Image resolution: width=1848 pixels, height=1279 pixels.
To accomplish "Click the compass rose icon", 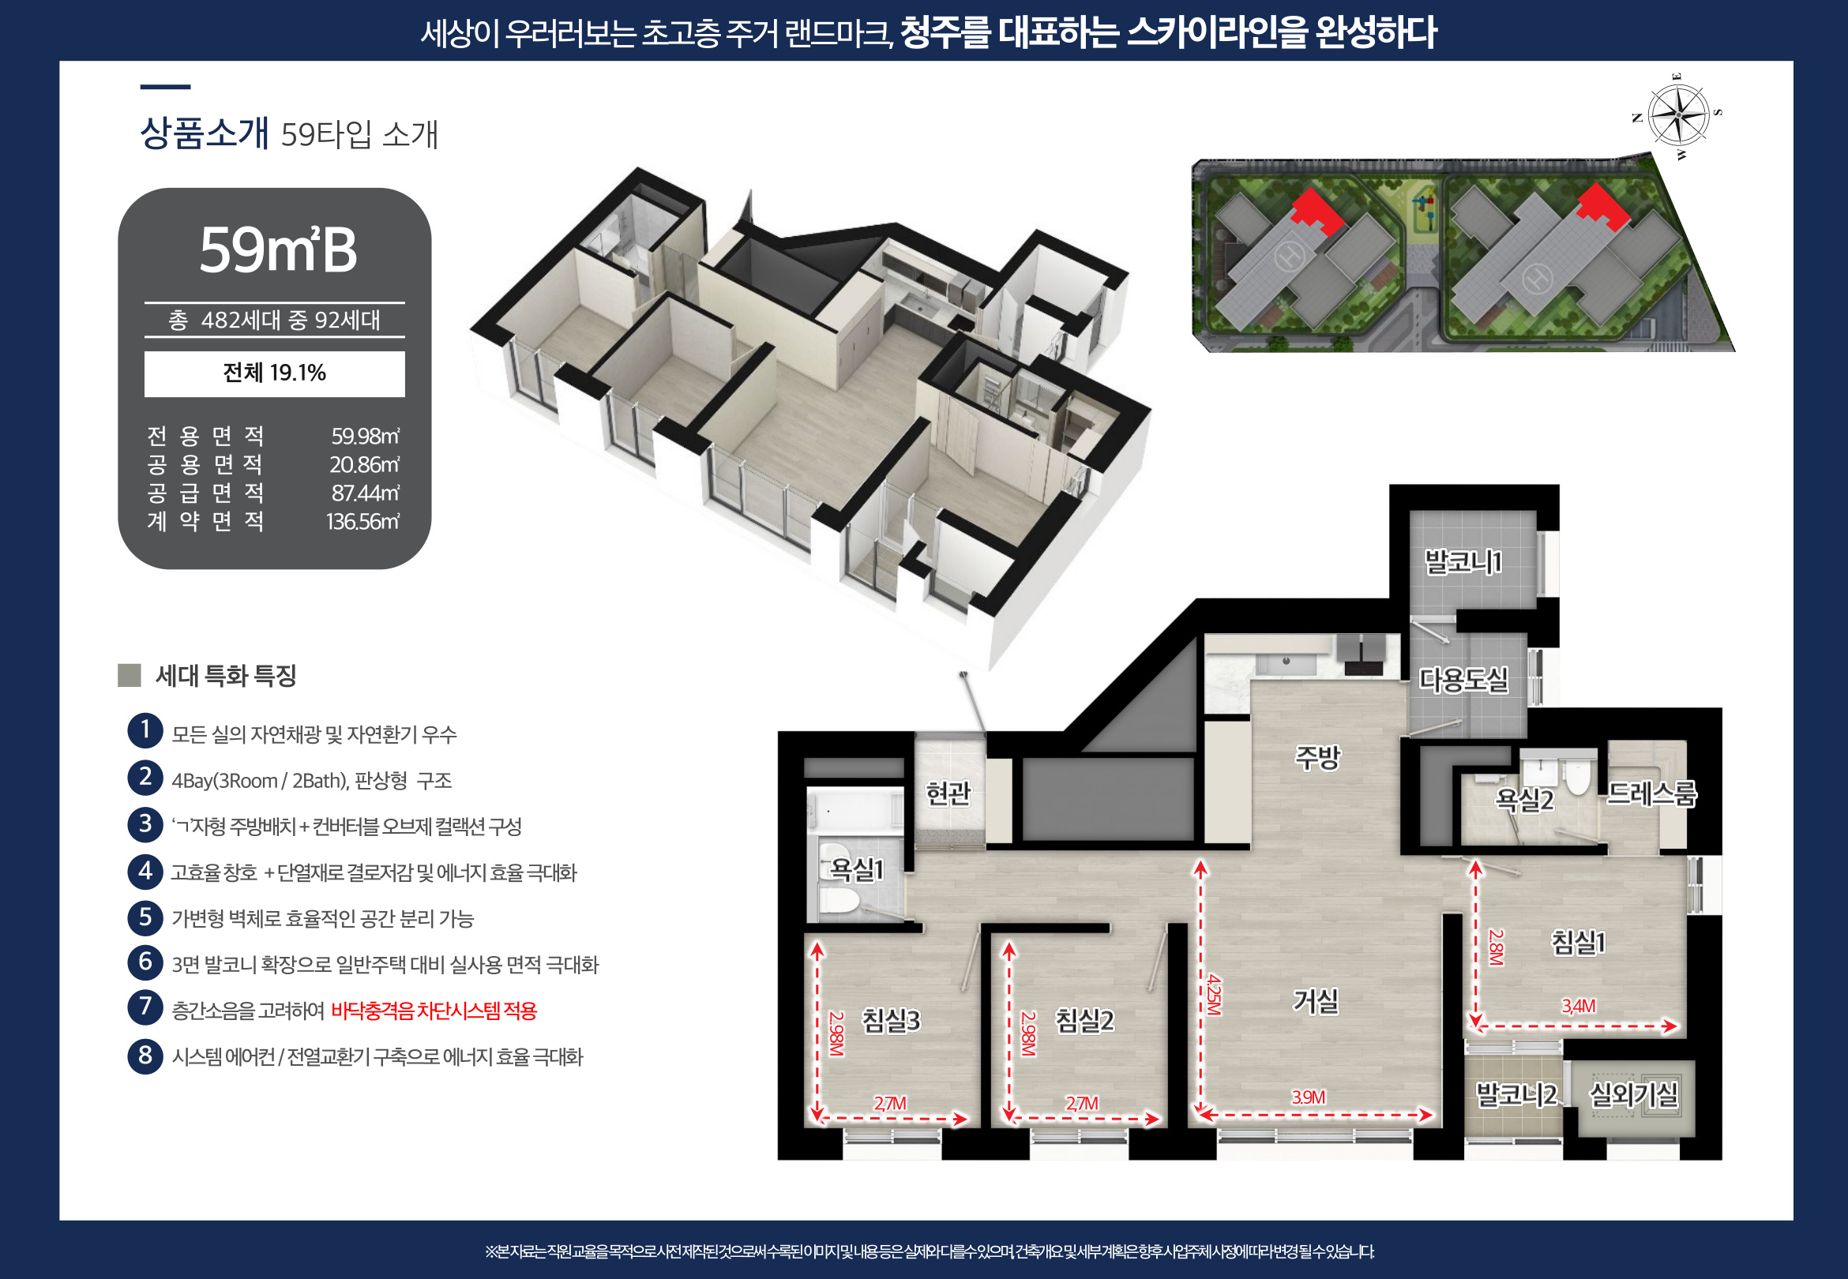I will [1677, 117].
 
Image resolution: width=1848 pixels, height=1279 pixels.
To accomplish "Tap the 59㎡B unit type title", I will [277, 250].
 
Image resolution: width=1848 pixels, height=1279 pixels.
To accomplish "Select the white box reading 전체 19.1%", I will [274, 373].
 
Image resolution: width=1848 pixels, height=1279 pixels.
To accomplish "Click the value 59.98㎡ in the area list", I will [366, 436].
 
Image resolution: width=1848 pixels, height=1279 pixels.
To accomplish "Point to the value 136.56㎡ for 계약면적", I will [362, 522].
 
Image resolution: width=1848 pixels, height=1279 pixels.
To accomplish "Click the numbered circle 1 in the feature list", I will [145, 730].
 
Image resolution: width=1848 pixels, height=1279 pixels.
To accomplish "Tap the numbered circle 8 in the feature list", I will [145, 1056].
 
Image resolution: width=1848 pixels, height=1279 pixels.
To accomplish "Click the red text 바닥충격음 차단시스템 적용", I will [434, 1011].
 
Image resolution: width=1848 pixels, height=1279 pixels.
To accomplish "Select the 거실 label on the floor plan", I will [1315, 1000].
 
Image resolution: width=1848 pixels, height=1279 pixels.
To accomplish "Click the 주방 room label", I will [1317, 757].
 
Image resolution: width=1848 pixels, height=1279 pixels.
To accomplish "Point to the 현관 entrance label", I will [948, 793].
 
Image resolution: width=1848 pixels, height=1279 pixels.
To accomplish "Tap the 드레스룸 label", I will [1651, 793].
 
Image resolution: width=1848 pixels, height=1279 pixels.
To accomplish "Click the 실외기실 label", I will [1633, 1094].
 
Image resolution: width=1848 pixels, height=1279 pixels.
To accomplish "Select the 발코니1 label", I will [1463, 562].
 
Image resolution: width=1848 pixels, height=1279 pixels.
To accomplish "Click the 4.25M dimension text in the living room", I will [1214, 995].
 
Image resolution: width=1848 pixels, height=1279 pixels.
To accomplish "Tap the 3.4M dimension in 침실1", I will [1578, 1006].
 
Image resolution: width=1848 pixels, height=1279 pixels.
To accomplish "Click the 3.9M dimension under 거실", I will [1308, 1097].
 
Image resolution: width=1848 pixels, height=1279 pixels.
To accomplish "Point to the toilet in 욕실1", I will [838, 902].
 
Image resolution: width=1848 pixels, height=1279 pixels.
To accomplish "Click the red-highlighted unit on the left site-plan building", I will [1317, 211].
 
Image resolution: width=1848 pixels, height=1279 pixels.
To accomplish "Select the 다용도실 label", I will [1463, 680].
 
